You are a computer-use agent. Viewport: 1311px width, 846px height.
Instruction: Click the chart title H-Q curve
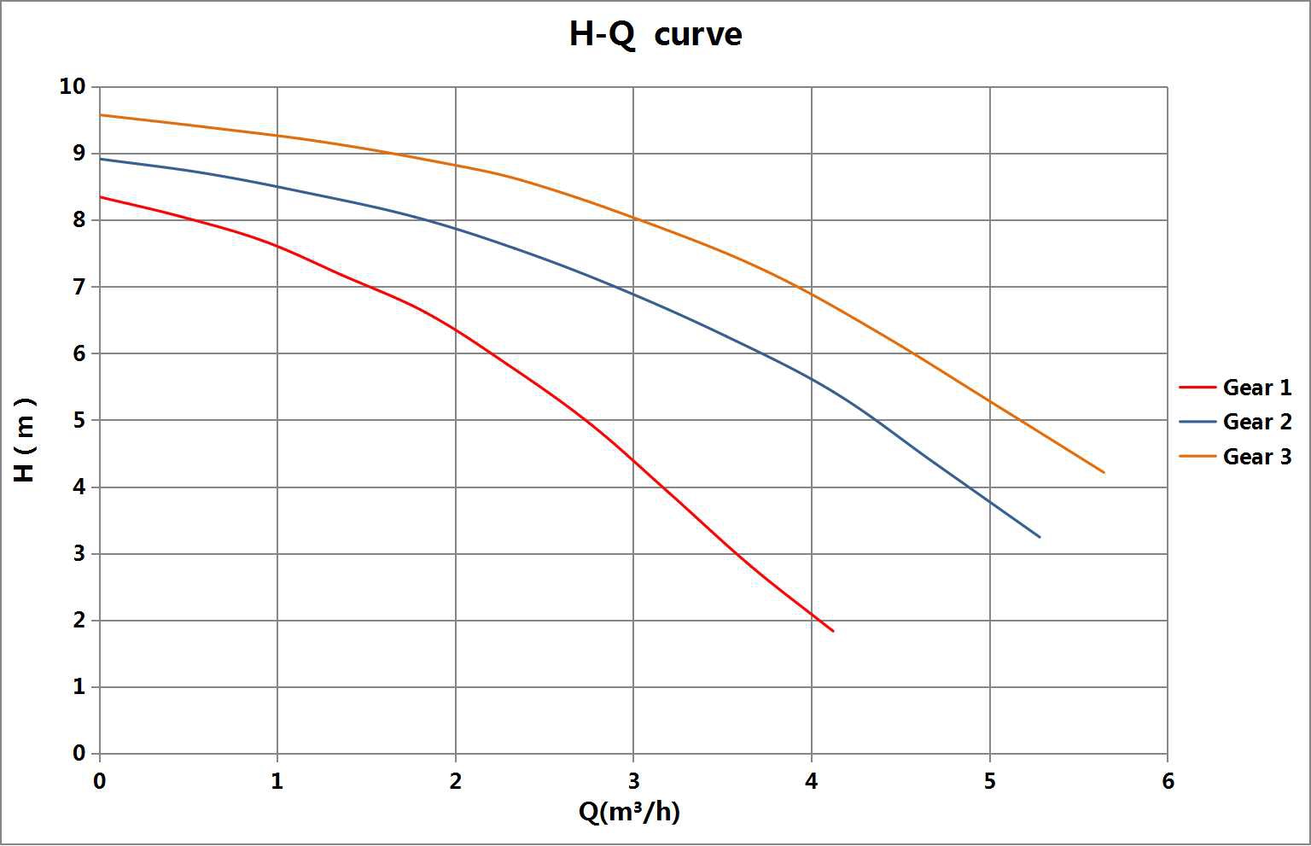(x=655, y=34)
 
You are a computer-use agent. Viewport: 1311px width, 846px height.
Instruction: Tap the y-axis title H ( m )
(x=26, y=439)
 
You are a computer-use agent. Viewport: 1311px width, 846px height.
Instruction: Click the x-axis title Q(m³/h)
(x=629, y=811)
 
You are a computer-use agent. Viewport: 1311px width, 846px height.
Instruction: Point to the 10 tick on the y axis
(x=73, y=86)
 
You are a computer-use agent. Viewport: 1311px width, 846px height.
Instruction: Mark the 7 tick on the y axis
(x=79, y=287)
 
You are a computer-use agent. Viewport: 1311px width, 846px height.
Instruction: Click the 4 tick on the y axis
(x=79, y=487)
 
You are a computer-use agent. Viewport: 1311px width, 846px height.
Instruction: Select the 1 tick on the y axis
(x=79, y=687)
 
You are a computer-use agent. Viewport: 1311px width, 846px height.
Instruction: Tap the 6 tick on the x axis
(x=1168, y=781)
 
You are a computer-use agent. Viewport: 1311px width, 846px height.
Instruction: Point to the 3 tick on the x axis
(x=633, y=781)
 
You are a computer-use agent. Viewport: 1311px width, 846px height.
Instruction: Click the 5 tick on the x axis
(x=989, y=781)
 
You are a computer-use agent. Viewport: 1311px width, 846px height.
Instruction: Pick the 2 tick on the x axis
(x=456, y=781)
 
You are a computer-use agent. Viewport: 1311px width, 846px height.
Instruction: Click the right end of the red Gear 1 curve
(x=833, y=631)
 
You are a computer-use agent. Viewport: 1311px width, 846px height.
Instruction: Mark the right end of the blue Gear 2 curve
(x=1040, y=537)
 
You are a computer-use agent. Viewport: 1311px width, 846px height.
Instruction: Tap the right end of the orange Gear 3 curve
(x=1104, y=472)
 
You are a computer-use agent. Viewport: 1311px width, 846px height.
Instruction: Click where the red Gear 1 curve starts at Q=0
(x=101, y=197)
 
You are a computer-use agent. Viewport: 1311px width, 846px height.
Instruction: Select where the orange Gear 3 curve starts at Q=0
(x=101, y=114)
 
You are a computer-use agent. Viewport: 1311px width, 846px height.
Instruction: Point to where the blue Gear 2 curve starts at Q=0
(x=101, y=159)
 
